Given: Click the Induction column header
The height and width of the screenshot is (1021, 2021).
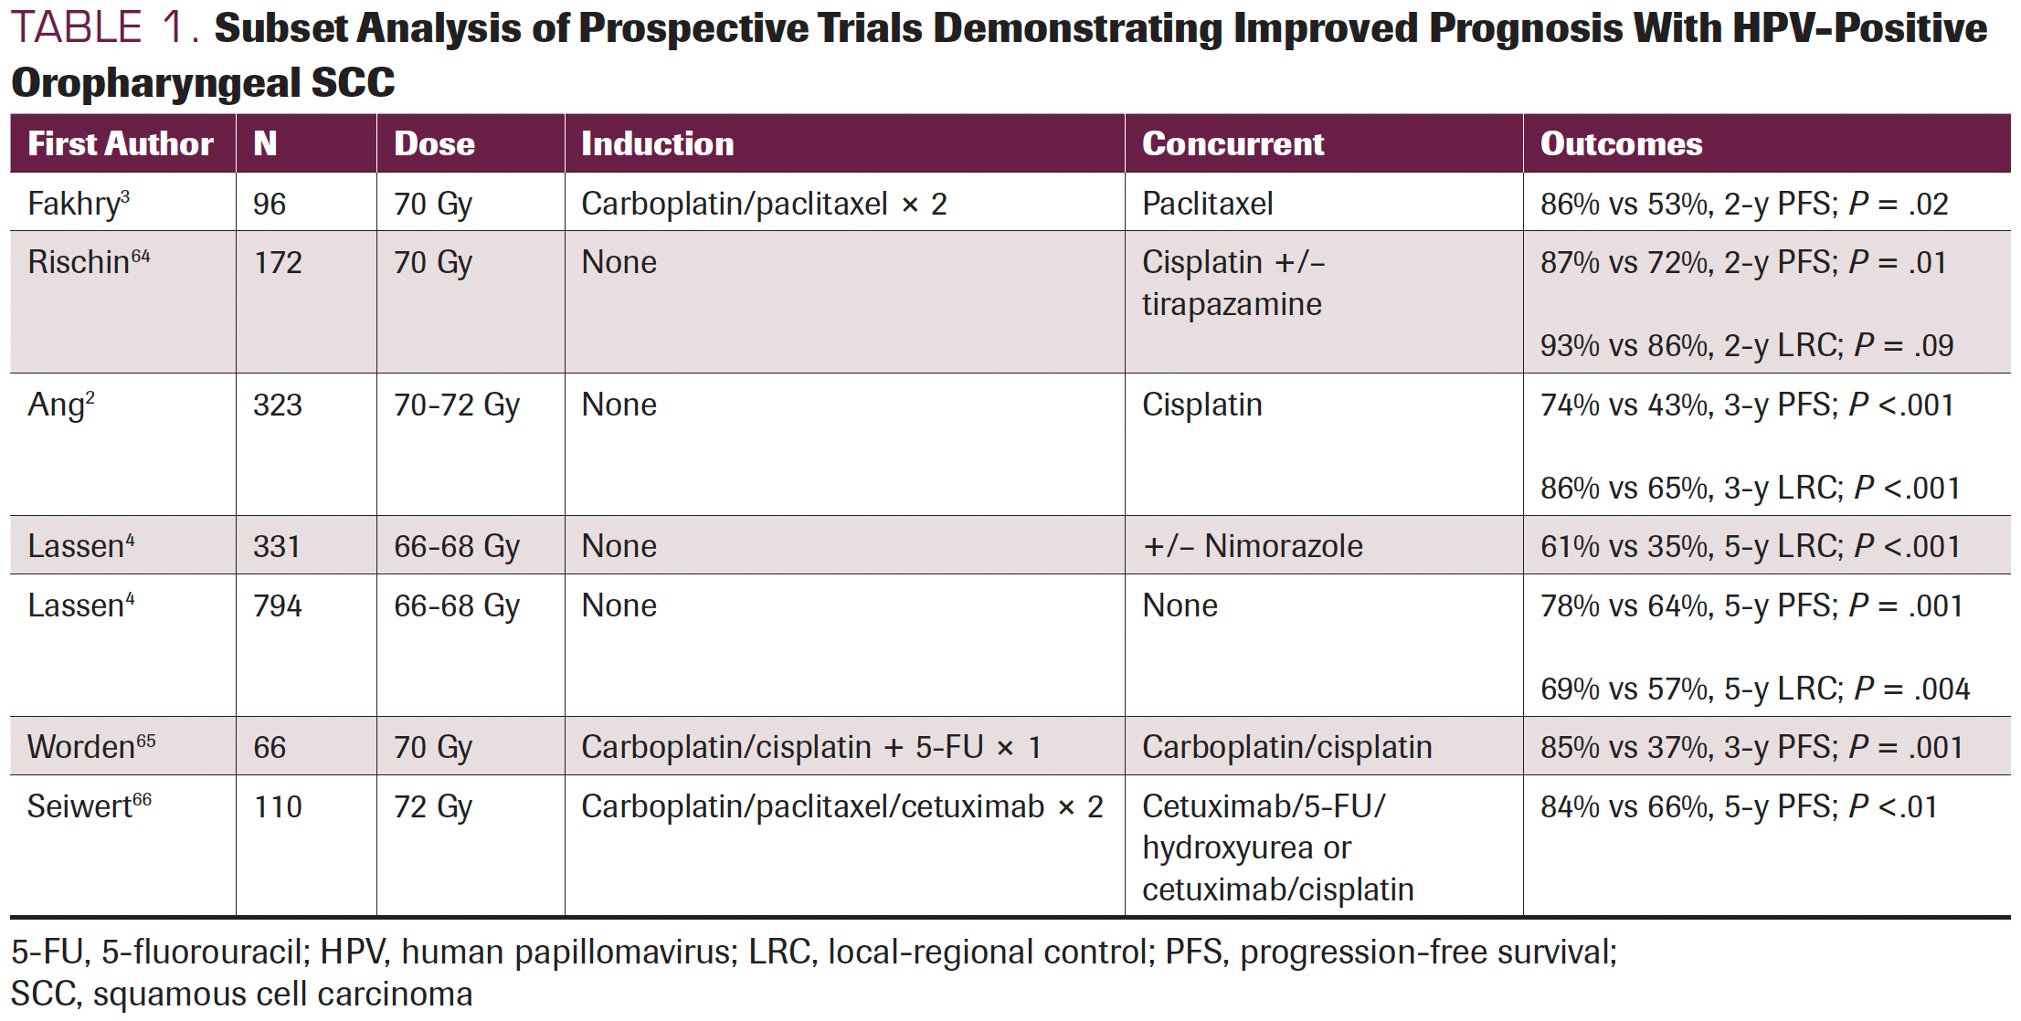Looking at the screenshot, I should coord(657,144).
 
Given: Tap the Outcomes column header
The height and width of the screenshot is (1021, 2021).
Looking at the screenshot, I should coord(1621,144).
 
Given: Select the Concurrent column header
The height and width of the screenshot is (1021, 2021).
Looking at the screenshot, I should coord(1233,144).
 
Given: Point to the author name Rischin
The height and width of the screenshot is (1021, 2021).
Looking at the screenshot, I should coord(79,263).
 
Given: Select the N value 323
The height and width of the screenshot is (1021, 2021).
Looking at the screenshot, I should coord(277,405).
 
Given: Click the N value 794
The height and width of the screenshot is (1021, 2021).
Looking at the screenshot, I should coord(277,605).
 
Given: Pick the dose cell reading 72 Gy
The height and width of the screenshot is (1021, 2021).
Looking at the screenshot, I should coord(432,806).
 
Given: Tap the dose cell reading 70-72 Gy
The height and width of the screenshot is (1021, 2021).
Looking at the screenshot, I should coord(456,405).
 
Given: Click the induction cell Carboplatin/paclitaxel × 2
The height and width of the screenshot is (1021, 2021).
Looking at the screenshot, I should coord(763,204).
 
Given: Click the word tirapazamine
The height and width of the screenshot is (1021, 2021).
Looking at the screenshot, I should coord(1231,304).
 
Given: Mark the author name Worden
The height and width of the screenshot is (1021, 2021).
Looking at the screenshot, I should coord(81,747).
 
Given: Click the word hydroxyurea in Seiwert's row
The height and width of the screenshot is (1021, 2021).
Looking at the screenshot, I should coord(1228,848).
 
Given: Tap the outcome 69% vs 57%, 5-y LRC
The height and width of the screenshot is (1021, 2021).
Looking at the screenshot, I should coord(1754,689).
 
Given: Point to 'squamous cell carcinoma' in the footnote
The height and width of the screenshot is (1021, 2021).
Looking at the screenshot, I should coord(282,994).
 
